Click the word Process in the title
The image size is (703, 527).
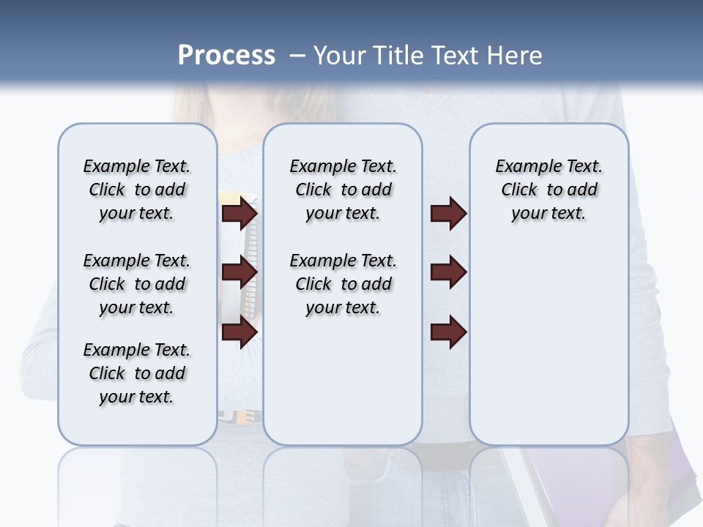tap(226, 56)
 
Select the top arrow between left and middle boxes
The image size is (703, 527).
tap(239, 213)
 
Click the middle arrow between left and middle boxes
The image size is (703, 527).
tap(239, 272)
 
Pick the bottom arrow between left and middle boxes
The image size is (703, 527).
tap(239, 332)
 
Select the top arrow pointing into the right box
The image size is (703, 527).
tap(448, 213)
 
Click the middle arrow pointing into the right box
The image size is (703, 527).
tap(448, 272)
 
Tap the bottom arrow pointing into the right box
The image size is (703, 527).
tap(448, 332)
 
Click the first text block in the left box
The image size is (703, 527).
tap(137, 190)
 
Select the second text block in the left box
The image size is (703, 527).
tap(137, 284)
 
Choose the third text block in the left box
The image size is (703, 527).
tap(137, 373)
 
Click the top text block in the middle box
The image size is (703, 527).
tap(343, 190)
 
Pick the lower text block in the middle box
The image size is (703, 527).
tap(343, 284)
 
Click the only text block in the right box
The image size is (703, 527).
tap(548, 190)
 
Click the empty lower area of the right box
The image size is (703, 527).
tap(548, 351)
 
